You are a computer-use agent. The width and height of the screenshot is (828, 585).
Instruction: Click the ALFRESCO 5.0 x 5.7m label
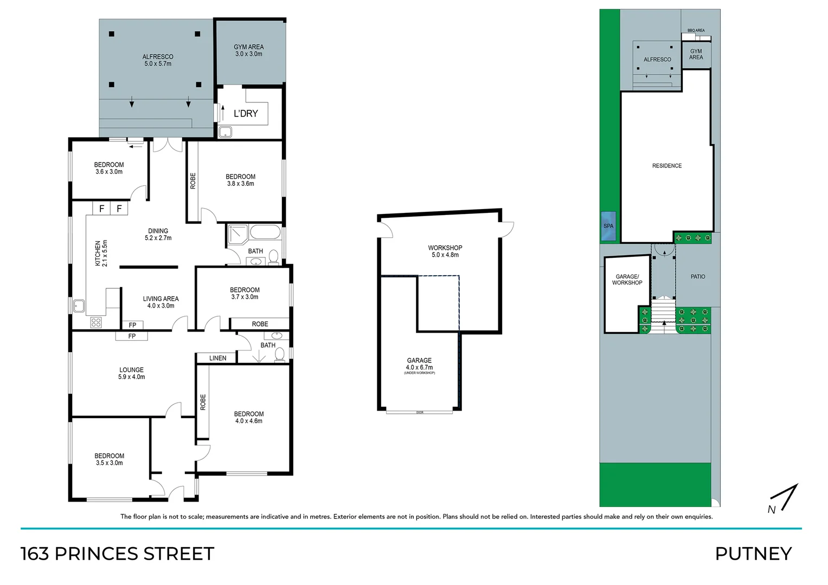pos(158,60)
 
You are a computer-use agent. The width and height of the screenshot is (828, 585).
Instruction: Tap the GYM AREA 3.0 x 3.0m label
pos(248,50)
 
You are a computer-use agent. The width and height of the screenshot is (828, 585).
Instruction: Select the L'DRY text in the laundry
pos(246,113)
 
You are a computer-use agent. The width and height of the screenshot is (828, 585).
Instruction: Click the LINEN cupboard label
pos(217,358)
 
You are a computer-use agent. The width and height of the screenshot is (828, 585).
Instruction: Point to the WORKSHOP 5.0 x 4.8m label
pos(445,251)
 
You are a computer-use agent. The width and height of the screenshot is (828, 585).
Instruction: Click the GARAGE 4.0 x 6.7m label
pos(419,364)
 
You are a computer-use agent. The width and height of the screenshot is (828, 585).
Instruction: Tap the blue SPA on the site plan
pos(608,226)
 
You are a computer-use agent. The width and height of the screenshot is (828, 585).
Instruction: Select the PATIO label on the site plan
pos(697,277)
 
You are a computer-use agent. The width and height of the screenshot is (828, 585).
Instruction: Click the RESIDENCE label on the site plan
pos(666,166)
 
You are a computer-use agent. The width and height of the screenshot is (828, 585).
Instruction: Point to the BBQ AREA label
pos(696,30)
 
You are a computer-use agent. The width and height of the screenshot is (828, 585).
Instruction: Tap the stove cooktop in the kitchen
pos(96,322)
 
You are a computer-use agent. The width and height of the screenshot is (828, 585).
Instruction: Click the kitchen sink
pos(79,307)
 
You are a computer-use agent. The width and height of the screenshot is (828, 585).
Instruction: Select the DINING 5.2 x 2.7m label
pos(158,235)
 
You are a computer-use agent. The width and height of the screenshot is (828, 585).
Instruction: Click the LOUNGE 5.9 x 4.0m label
pos(131,373)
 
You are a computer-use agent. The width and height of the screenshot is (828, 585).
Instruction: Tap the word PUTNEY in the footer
pos(753,554)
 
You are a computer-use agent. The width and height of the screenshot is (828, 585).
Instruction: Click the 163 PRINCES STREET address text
pos(118,554)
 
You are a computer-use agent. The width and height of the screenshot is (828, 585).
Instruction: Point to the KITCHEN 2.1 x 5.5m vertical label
pos(101,253)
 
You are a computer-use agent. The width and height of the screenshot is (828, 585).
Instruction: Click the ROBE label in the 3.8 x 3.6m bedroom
pos(192,181)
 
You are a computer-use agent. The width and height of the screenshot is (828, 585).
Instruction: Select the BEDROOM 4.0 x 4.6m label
pos(248,417)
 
